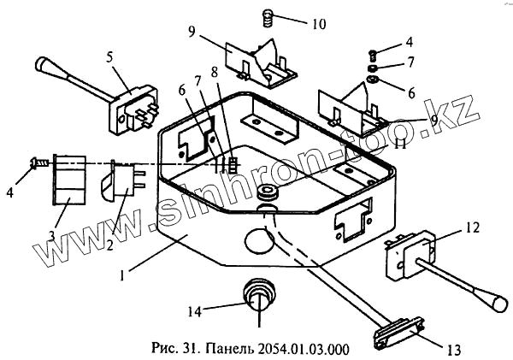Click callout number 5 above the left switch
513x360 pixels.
110,57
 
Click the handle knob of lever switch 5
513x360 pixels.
45,65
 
